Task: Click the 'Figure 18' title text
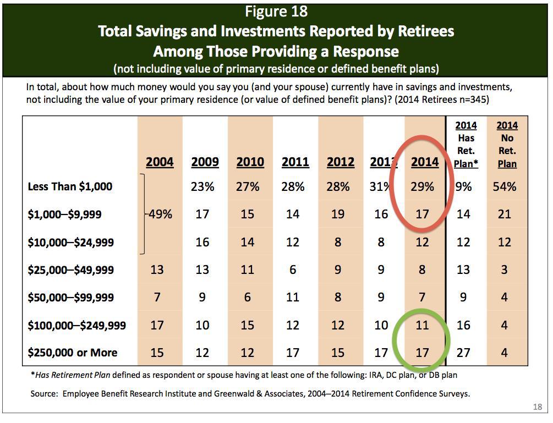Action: (276, 11)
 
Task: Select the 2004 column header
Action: (160, 162)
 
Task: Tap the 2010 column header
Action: (250, 162)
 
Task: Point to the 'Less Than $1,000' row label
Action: (70, 186)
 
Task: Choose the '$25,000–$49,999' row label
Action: (71, 270)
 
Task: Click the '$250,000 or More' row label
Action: (73, 353)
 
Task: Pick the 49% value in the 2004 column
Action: (160, 214)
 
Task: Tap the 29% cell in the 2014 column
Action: (422, 186)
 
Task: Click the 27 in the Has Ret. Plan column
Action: (463, 353)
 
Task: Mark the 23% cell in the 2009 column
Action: (202, 186)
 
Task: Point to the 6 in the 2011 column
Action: (293, 270)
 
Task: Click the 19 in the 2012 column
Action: (338, 214)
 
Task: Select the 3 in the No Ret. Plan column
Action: (505, 270)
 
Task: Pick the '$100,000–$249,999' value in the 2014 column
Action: (422, 325)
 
